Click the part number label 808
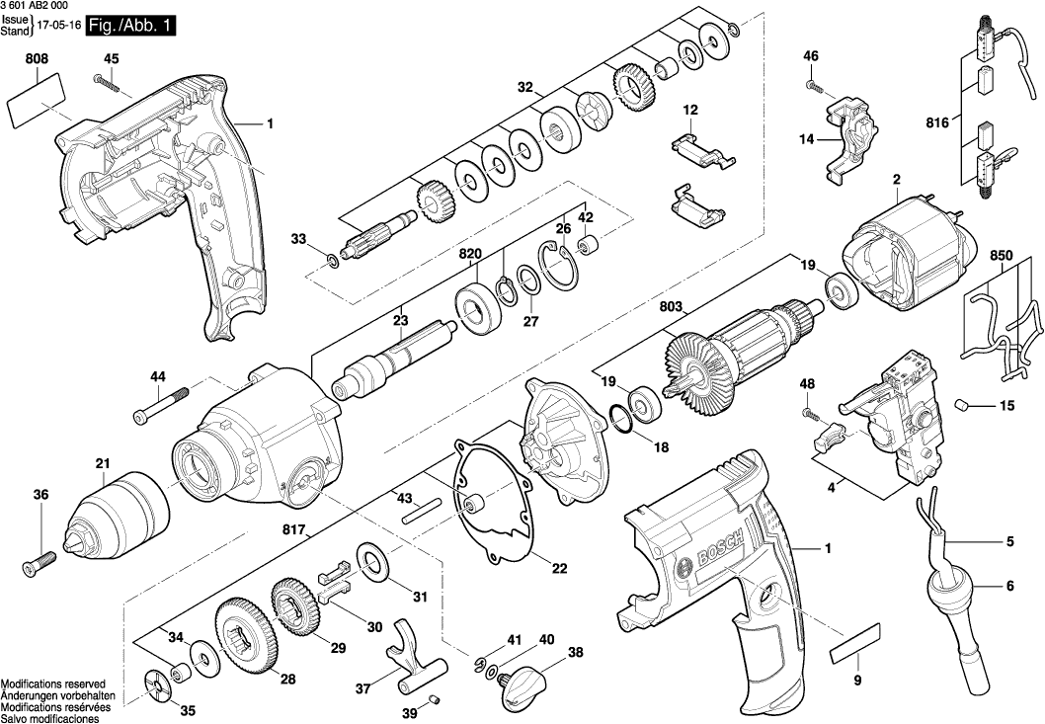coord(38,59)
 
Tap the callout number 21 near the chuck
coord(103,464)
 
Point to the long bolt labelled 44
coord(159,407)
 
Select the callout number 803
coord(672,307)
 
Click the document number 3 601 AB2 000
coord(39,7)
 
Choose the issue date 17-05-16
coord(58,31)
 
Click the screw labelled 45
coord(106,80)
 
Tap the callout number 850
coord(1002,255)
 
